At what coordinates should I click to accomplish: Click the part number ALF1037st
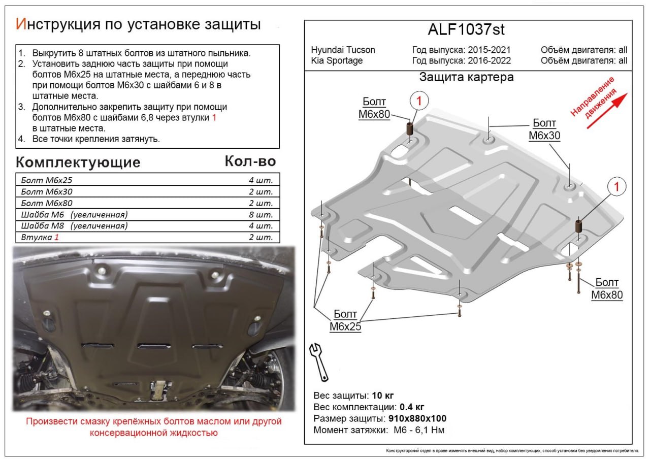point(466,30)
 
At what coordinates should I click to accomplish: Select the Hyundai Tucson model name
point(343,50)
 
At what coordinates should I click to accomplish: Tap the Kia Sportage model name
point(337,60)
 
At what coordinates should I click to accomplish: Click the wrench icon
point(319,361)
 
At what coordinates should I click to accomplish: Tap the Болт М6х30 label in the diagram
point(544,129)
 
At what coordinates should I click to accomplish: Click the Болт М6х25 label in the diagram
point(345,320)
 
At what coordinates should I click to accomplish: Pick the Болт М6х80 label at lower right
point(607,289)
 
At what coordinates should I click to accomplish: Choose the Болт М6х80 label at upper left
point(374,108)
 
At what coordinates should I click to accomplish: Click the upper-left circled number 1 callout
point(419,101)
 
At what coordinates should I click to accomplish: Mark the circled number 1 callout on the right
point(616,187)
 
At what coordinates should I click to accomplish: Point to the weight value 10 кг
point(382,395)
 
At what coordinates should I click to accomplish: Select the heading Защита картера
point(466,77)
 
